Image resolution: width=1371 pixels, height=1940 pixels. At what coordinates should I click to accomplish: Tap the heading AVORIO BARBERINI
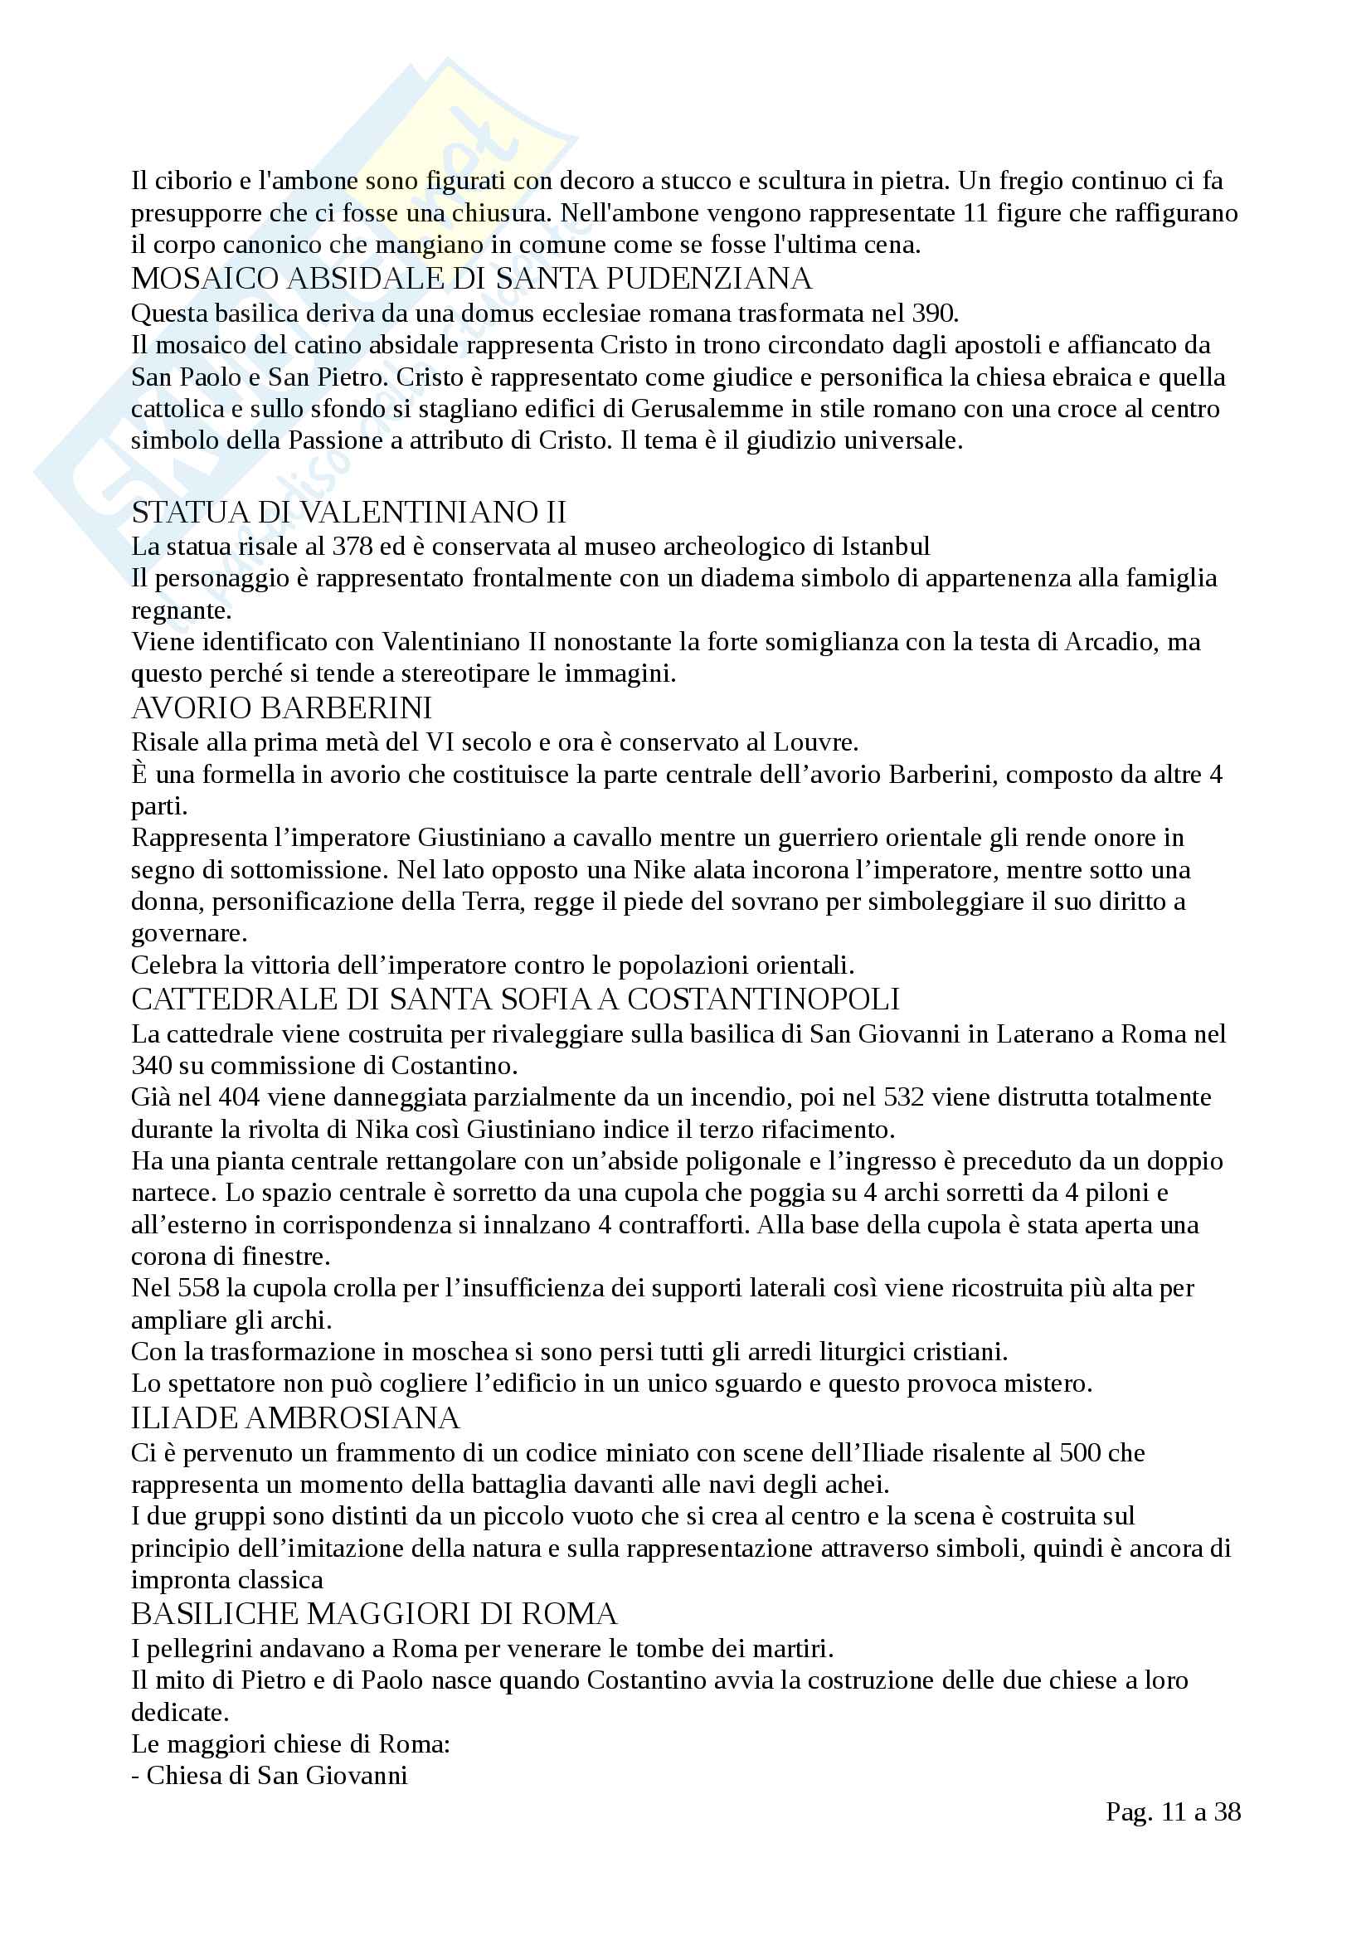[x=281, y=708]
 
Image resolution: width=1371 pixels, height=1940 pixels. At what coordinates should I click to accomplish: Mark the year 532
[x=906, y=1097]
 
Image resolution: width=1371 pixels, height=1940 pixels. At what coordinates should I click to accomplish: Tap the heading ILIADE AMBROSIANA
[x=294, y=1417]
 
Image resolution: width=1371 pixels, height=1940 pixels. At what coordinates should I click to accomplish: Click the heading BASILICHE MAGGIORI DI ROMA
[x=374, y=1614]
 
